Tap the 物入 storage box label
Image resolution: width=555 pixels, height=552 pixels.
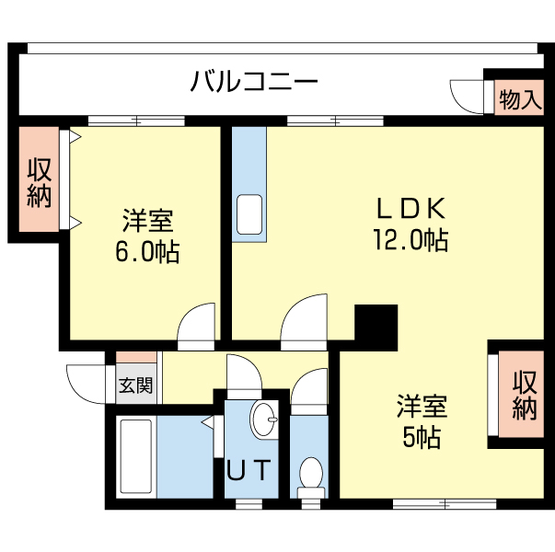[519, 98]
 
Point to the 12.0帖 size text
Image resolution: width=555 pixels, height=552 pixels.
[410, 241]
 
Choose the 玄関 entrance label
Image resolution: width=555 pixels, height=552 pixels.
[134, 385]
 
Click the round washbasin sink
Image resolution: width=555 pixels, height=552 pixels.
[265, 420]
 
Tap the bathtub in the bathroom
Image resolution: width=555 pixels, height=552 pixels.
[135, 457]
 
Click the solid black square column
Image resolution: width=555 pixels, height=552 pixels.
[376, 323]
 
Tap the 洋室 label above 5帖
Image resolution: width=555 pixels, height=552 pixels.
[422, 406]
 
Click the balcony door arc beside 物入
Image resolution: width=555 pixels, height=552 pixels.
[466, 96]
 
